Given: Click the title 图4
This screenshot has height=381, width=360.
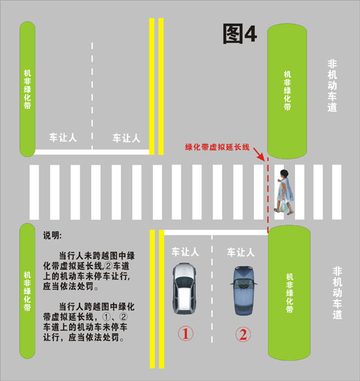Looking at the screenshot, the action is pyautogui.click(x=240, y=33).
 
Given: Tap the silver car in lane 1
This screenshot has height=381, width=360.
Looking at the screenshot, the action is pyautogui.click(x=184, y=288).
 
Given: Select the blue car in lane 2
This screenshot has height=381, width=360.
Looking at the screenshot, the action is pyautogui.click(x=244, y=291).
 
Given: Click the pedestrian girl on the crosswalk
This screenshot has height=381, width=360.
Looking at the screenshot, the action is pyautogui.click(x=285, y=192).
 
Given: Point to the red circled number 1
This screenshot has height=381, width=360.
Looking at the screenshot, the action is pyautogui.click(x=186, y=333).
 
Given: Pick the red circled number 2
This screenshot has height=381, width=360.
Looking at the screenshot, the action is pyautogui.click(x=243, y=335).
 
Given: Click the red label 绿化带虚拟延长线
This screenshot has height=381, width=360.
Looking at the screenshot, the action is pyautogui.click(x=217, y=147).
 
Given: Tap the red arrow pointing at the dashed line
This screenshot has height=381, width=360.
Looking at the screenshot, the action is pyautogui.click(x=259, y=154).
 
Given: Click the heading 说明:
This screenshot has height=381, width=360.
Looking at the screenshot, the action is pyautogui.click(x=52, y=236).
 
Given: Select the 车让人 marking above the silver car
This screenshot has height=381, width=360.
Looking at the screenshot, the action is pyautogui.click(x=186, y=252).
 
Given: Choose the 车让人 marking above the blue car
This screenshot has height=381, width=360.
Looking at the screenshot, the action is pyautogui.click(x=241, y=252).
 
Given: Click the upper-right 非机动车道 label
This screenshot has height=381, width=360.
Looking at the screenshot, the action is pyautogui.click(x=332, y=86).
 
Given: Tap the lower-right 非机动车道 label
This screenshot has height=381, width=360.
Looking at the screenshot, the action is pyautogui.click(x=337, y=292).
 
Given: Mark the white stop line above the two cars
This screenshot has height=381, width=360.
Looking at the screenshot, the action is pyautogui.click(x=216, y=233).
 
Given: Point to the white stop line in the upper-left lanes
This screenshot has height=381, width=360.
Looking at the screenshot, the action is pyautogui.click(x=91, y=152).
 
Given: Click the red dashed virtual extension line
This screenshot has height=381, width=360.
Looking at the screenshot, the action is pyautogui.click(x=268, y=195).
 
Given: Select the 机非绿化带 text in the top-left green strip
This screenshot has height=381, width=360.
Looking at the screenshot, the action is pyautogui.click(x=27, y=89).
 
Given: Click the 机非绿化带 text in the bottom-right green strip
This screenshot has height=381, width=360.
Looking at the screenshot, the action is pyautogui.click(x=289, y=293).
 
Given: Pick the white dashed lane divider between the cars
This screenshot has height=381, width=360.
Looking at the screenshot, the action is pyautogui.click(x=212, y=289).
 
